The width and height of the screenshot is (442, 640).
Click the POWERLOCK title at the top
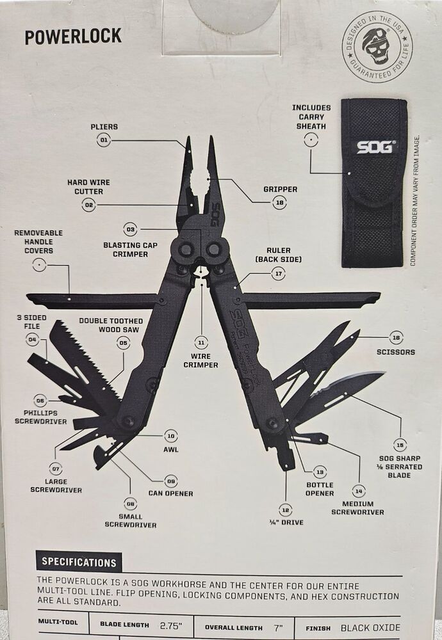(73, 36)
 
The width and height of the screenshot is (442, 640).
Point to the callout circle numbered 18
(279, 202)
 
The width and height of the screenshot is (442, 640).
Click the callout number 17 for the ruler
(278, 273)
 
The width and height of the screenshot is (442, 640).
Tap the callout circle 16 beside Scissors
(397, 337)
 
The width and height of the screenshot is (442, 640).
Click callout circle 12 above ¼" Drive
(285, 509)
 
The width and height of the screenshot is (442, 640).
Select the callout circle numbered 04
(32, 339)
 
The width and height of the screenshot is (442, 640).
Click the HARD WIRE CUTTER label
(85, 187)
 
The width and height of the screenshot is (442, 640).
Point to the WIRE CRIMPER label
(201, 360)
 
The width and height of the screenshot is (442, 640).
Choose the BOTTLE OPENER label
(320, 489)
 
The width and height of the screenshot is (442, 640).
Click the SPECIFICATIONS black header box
(79, 563)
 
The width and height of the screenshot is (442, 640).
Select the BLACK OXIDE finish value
(370, 628)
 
